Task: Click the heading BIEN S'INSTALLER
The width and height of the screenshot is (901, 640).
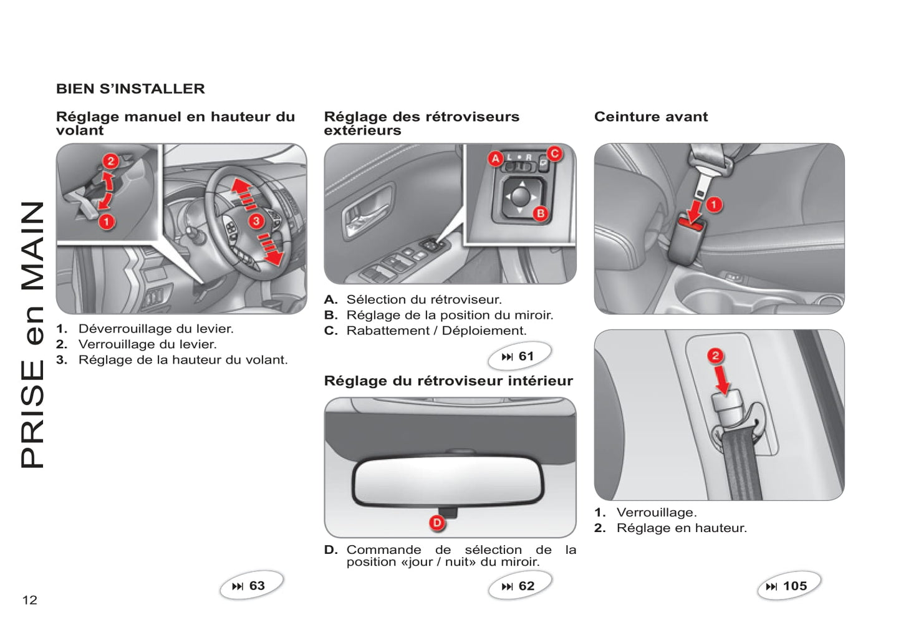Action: pyautogui.click(x=130, y=89)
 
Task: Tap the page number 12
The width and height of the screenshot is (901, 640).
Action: pyautogui.click(x=30, y=600)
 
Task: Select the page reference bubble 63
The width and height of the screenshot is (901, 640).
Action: pyautogui.click(x=251, y=586)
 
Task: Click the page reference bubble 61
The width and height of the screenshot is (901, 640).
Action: pyautogui.click(x=519, y=356)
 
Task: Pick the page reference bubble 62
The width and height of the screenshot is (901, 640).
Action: pyautogui.click(x=519, y=586)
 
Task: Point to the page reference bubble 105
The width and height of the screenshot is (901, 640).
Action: pyautogui.click(x=788, y=586)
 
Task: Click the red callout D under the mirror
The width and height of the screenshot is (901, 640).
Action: pyautogui.click(x=437, y=523)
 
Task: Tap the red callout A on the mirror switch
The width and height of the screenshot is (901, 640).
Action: pyautogui.click(x=495, y=158)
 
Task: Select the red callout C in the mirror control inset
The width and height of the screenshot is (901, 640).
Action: pyautogui.click(x=554, y=153)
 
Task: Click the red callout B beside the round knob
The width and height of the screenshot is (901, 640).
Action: pyautogui.click(x=540, y=213)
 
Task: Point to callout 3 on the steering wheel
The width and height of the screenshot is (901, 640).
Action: pyautogui.click(x=256, y=221)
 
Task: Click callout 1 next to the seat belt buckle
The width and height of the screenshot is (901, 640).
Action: pyautogui.click(x=713, y=204)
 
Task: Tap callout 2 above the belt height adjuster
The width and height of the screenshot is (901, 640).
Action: pyautogui.click(x=715, y=356)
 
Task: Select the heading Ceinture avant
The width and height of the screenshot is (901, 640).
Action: pyautogui.click(x=651, y=117)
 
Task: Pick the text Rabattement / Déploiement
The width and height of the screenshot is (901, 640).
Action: pyautogui.click(x=436, y=331)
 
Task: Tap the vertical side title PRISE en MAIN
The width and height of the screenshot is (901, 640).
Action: pyautogui.click(x=32, y=334)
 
